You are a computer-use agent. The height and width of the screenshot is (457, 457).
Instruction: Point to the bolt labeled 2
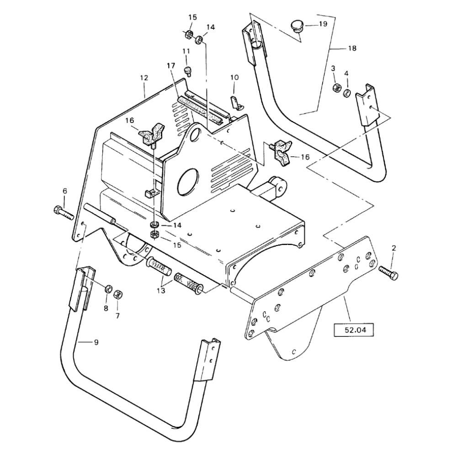pyautogui.click(x=389, y=272)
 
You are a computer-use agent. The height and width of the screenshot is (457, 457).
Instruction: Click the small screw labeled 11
pyautogui.click(x=187, y=71)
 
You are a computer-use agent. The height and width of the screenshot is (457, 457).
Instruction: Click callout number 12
pyautogui.click(x=144, y=78)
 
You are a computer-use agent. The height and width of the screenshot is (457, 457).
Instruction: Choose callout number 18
pyautogui.click(x=352, y=48)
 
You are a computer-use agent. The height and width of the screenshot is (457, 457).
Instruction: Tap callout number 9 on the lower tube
pyautogui.click(x=96, y=342)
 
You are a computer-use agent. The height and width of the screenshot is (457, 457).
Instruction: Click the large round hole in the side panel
pyautogui.click(x=187, y=181)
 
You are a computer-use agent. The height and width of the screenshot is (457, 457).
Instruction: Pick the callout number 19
pyautogui.click(x=323, y=24)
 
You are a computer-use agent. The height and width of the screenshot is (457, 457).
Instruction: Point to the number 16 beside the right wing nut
pyautogui.click(x=305, y=157)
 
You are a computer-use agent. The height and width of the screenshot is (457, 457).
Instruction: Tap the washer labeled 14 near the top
pyautogui.click(x=199, y=39)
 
